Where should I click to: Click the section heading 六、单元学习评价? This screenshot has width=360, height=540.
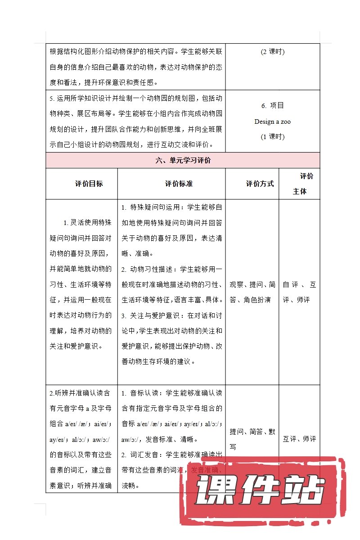coord(182,161)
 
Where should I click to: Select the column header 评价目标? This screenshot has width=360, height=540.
coord(89,184)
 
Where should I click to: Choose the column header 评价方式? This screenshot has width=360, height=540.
coord(260,184)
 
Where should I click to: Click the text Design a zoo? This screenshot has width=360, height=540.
coord(272,121)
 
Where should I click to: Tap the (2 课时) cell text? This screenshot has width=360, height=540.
coord(272,52)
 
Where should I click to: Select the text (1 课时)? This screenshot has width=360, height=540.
coord(272,137)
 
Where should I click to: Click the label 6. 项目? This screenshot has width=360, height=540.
coord(272,106)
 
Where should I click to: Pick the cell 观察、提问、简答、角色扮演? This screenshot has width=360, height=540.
coord(252,292)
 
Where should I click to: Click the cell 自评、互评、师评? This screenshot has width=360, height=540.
coord(299,292)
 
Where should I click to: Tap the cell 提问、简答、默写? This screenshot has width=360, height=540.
coord(252,439)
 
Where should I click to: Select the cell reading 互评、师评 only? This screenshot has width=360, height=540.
coord(299,439)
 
